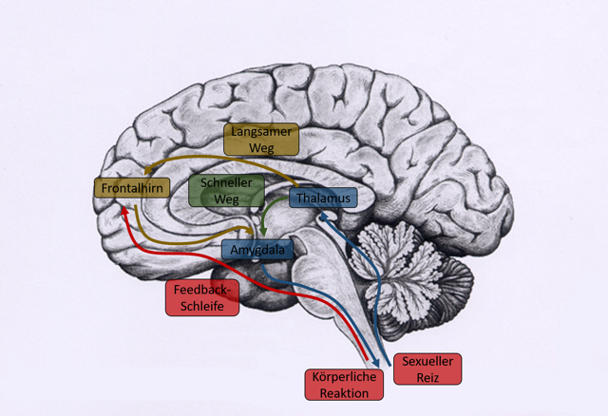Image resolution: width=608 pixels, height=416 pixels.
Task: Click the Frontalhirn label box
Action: (132, 189)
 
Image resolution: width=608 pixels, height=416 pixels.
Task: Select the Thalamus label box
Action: (323, 199)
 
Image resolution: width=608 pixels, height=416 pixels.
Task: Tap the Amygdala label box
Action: (257, 249)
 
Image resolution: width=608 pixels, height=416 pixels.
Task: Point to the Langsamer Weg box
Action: (260, 139)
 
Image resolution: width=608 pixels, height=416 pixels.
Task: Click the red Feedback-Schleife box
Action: (201, 297)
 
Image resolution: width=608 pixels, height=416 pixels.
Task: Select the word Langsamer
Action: (260, 131)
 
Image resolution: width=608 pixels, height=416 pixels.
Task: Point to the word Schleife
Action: (201, 306)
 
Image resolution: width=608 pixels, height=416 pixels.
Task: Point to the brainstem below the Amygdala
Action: (328, 285)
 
